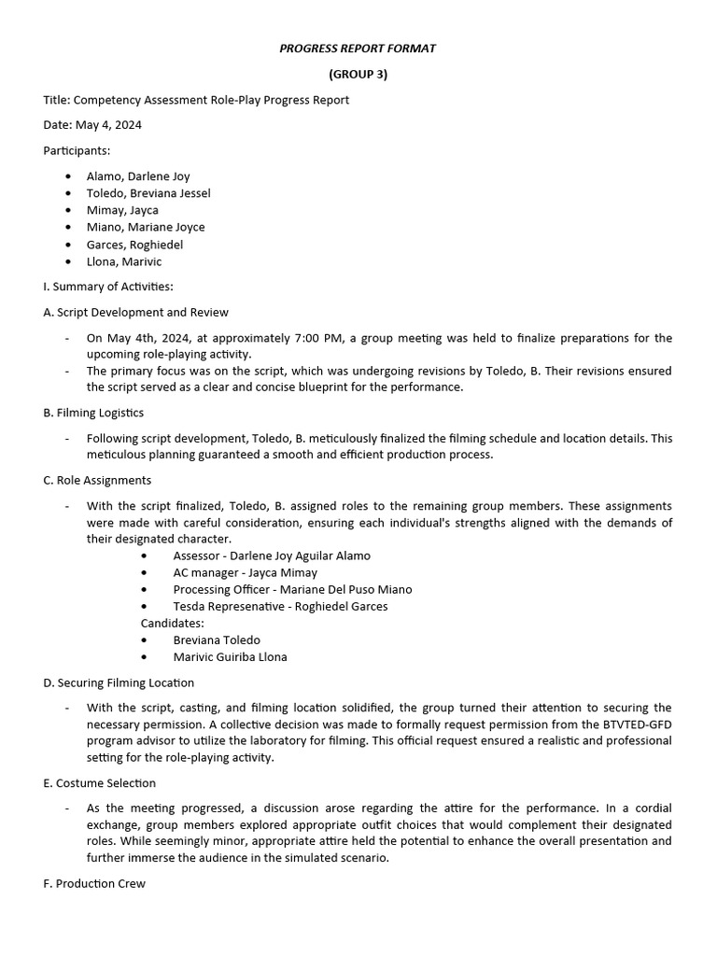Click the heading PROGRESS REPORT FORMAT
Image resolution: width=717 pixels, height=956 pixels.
358,49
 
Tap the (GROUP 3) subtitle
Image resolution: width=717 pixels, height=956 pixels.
358,75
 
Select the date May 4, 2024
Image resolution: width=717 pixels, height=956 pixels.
106,125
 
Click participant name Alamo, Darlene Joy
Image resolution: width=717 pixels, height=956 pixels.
138,176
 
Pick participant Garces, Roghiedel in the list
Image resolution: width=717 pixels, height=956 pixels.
134,245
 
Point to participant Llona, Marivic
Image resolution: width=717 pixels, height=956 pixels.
124,261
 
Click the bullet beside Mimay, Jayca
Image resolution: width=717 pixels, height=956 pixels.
69,211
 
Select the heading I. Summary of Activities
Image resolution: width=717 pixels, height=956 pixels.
108,287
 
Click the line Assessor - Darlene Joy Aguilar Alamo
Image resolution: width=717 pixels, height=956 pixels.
272,556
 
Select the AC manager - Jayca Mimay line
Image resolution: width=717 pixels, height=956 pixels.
245,573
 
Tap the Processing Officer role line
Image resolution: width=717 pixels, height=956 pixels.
292,590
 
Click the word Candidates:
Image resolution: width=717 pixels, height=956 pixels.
172,624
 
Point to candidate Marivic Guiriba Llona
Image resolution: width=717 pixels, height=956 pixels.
230,657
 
